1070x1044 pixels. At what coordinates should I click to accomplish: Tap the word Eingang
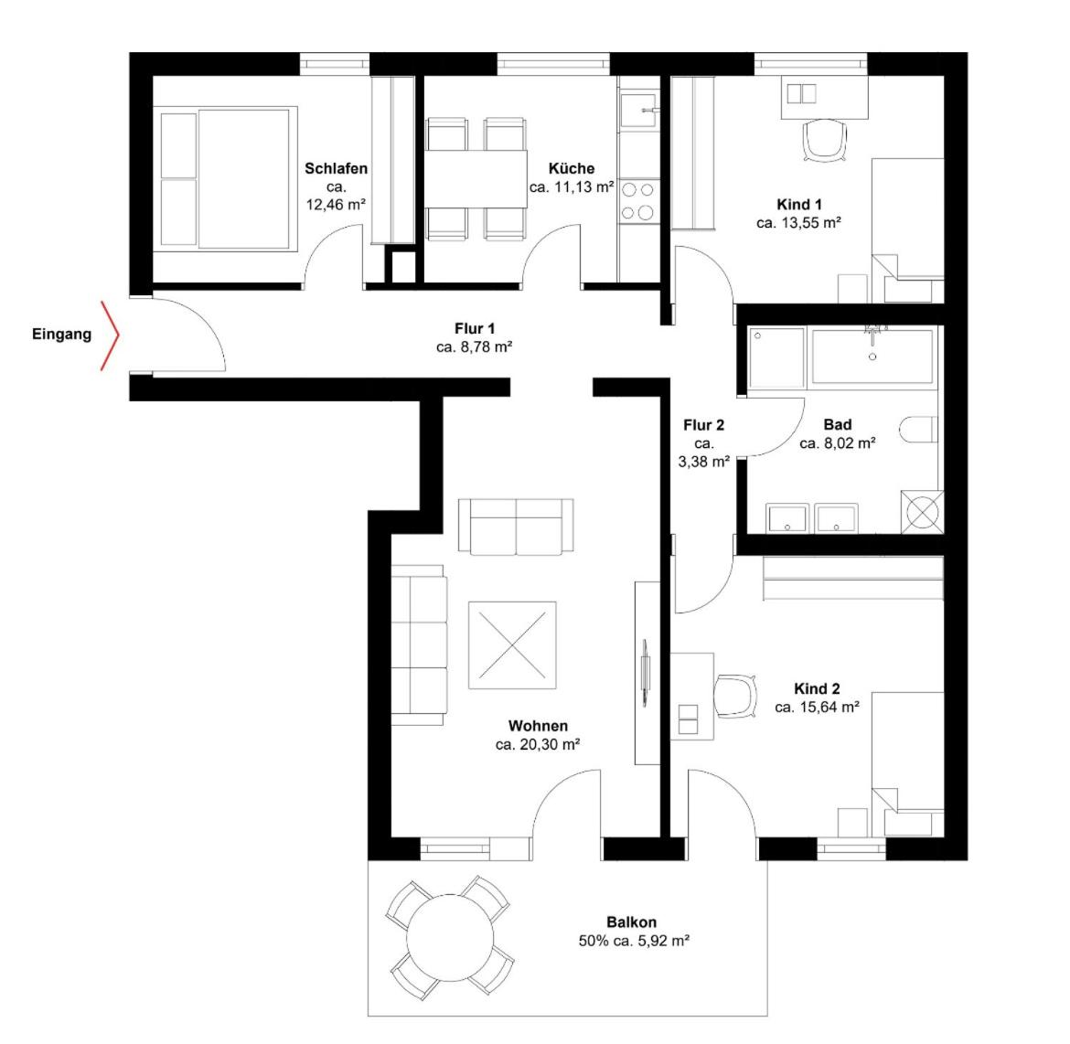[x=61, y=335]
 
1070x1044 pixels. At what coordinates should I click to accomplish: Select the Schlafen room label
[x=336, y=168]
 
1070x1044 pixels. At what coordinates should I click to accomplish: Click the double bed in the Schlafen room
[x=225, y=179]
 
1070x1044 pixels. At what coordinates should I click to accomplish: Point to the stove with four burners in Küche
[x=638, y=200]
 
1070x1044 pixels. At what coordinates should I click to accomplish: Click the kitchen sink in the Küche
[x=639, y=110]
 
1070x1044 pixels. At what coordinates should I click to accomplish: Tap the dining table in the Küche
[x=476, y=179]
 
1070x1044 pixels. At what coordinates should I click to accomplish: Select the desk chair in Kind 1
[x=825, y=141]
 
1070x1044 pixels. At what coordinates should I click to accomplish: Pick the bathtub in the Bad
[x=872, y=357]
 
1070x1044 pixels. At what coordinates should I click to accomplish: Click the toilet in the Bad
[x=918, y=429]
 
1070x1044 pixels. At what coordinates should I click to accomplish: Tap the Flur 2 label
[x=703, y=425]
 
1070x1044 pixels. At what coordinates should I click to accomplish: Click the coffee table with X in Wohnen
[x=512, y=645]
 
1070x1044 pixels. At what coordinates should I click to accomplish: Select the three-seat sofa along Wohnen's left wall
[x=419, y=645]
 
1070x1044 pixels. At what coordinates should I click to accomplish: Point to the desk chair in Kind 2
[x=735, y=696]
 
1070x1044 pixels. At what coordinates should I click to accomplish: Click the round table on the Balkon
[x=450, y=938]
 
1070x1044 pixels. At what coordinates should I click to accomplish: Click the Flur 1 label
[x=475, y=328]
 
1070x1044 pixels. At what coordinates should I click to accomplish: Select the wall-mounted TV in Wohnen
[x=645, y=673]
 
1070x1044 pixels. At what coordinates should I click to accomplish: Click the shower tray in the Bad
[x=776, y=357]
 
